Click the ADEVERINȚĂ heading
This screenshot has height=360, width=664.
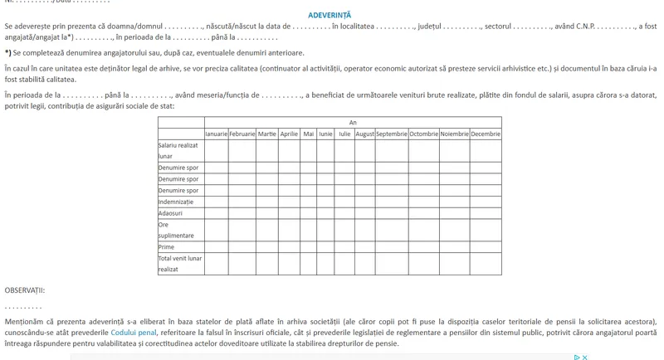coord(330,15)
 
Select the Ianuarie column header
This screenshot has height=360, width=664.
coord(216,134)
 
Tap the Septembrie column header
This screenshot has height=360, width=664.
coord(391,134)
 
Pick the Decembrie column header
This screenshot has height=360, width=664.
coord(486,134)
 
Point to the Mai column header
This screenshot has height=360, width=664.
coord(309,134)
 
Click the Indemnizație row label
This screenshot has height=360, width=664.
coord(176,202)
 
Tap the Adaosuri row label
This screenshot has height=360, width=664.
coord(171,213)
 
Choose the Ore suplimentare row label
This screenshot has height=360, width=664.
coord(176,230)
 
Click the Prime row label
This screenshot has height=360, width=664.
coord(166,246)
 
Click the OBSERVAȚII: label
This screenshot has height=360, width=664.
coord(25,290)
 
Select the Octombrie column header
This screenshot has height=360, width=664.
coord(423,134)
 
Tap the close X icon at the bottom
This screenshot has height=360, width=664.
coord(585,358)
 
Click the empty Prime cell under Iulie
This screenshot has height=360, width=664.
coord(344,246)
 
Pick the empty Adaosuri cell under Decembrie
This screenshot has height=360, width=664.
coord(486,213)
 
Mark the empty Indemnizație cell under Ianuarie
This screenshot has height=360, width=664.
coord(216,202)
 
